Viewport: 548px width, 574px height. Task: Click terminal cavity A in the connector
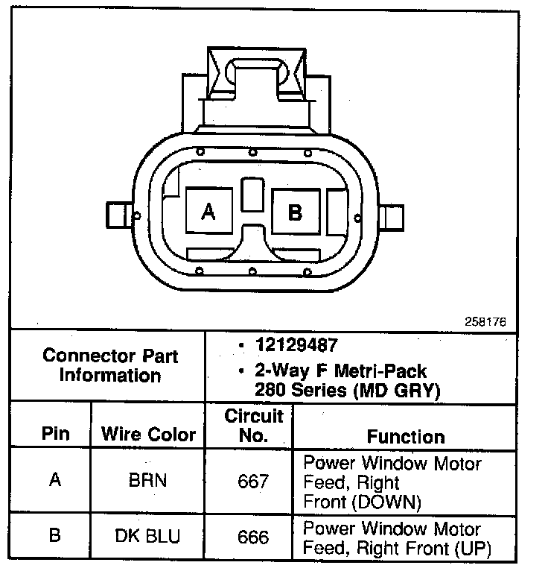[x=208, y=212]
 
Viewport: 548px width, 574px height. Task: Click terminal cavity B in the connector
[x=296, y=212]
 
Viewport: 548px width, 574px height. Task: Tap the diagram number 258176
[x=485, y=322]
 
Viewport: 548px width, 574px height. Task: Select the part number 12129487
[x=296, y=345]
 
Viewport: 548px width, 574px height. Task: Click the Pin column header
[x=54, y=434]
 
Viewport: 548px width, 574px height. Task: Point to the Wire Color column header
[x=148, y=434]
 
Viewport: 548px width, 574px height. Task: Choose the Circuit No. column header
[x=253, y=425]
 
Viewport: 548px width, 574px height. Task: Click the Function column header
[x=406, y=437]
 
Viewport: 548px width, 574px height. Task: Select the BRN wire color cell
[x=147, y=481]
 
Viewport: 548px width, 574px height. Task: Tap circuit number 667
[x=253, y=482]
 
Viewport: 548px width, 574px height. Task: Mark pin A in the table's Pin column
[x=55, y=481]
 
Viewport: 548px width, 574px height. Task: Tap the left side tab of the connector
[x=119, y=216]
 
